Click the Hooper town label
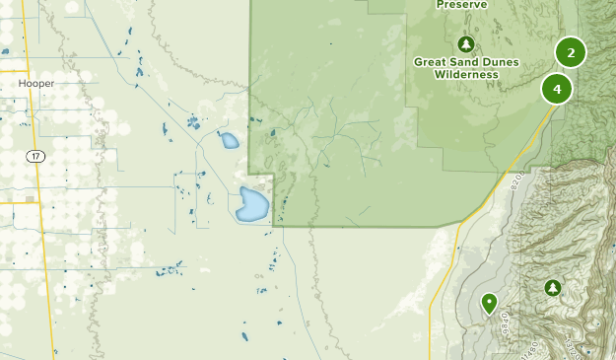tap(35, 84)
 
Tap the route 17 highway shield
tap(35, 157)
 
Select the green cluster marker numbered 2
tap(570, 52)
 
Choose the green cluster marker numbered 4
tap(557, 89)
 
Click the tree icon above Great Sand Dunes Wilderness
tap(466, 44)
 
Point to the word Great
tap(430, 61)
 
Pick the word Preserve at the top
tap(463, 4)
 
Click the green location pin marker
tap(489, 302)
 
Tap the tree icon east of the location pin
tap(553, 288)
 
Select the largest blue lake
tap(250, 205)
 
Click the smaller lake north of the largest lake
tap(230, 140)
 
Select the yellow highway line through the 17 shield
tap(36, 118)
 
